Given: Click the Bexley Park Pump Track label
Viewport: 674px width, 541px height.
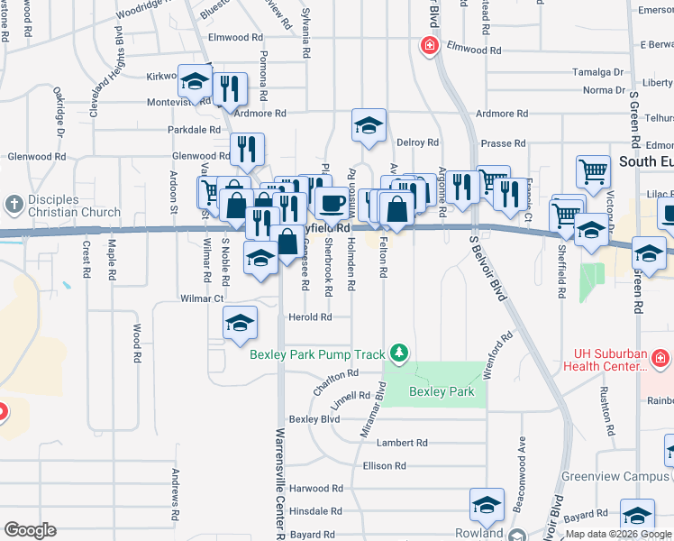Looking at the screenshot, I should click(318, 354).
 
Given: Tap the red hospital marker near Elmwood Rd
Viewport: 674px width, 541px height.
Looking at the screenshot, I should click(430, 45).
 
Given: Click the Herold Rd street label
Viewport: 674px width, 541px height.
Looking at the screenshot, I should click(310, 317).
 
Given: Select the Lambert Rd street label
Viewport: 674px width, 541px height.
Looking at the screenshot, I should click(402, 443).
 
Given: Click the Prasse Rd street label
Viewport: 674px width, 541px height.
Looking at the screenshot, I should click(504, 143).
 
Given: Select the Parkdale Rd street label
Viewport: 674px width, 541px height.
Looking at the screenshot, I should click(188, 130).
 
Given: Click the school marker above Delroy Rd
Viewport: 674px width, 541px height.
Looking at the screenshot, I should click(369, 125).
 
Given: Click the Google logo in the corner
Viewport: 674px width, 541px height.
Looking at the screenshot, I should click(30, 530).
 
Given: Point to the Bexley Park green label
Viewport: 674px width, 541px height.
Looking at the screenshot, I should click(442, 392).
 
